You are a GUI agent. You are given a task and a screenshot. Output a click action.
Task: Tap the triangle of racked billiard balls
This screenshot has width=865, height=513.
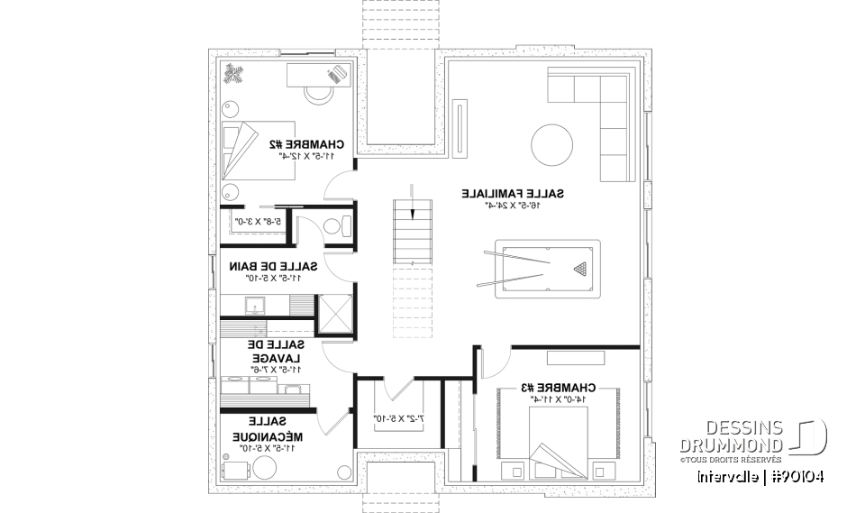(x=578, y=268)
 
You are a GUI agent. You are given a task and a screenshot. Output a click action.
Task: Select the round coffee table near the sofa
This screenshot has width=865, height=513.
(x=551, y=144)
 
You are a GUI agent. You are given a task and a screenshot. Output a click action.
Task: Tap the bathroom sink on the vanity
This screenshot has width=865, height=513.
(x=254, y=303)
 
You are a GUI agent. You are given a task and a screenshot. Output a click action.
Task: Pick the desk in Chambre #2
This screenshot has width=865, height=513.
(x=315, y=76)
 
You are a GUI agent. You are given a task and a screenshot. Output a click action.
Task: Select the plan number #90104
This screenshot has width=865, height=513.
(x=797, y=476)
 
